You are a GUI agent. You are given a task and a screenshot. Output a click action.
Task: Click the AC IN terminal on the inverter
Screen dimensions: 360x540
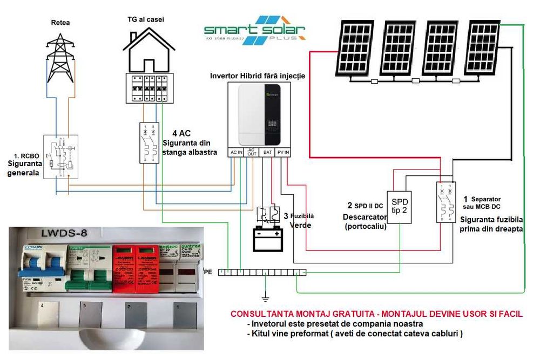(x=237, y=153)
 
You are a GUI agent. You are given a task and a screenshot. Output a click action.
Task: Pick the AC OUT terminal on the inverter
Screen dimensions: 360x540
(x=252, y=153)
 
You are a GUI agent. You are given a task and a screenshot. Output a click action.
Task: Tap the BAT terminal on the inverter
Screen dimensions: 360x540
(x=267, y=153)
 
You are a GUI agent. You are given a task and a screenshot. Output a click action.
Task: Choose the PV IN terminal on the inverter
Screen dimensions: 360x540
(x=283, y=153)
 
